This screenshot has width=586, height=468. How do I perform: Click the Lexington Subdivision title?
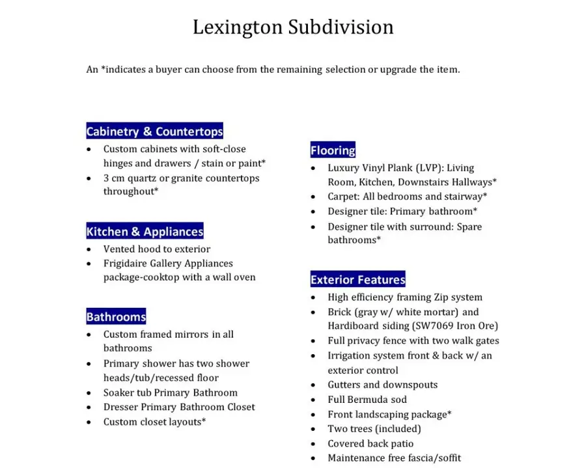coord(293,27)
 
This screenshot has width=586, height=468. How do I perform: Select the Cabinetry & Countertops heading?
coord(154,131)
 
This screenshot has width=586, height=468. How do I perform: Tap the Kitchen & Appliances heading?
coord(145,232)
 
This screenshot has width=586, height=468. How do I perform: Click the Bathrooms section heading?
coord(116,318)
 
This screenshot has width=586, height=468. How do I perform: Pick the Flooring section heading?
coord(333,151)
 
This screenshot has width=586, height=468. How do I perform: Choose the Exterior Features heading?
coord(357,280)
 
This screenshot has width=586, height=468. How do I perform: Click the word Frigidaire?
coord(126,264)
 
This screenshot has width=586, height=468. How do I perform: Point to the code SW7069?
coord(434,326)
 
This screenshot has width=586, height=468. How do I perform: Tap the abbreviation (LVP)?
coord(428,168)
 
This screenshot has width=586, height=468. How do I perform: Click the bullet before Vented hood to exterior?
coord(89,249)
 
